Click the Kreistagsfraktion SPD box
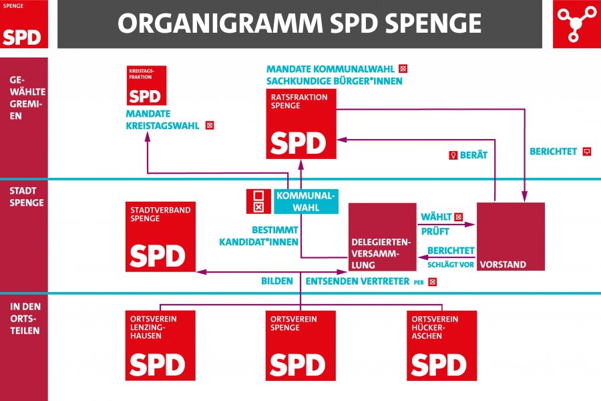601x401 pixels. click(x=146, y=85)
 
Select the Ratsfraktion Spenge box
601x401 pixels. click(x=301, y=124)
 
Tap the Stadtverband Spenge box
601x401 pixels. click(x=160, y=237)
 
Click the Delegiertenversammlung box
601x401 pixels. click(x=382, y=237)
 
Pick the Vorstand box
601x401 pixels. click(x=511, y=237)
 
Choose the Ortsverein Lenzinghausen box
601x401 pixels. click(x=160, y=346)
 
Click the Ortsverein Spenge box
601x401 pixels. click(x=300, y=346)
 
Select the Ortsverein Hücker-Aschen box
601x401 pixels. click(x=441, y=346)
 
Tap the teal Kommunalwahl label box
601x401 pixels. click(x=306, y=201)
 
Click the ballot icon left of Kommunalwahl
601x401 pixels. click(x=258, y=201)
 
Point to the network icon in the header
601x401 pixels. click(x=576, y=24)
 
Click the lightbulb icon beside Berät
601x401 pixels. click(x=453, y=155)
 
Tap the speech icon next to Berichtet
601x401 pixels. click(x=587, y=152)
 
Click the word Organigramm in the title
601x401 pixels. click(x=220, y=23)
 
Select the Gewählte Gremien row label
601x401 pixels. click(x=27, y=98)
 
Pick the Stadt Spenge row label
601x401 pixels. click(x=27, y=196)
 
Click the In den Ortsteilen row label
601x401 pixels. click(x=25, y=319)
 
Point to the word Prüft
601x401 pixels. click(x=435, y=231)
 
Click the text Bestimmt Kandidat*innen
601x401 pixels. click(x=258, y=236)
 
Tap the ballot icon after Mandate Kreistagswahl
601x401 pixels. click(x=210, y=126)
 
